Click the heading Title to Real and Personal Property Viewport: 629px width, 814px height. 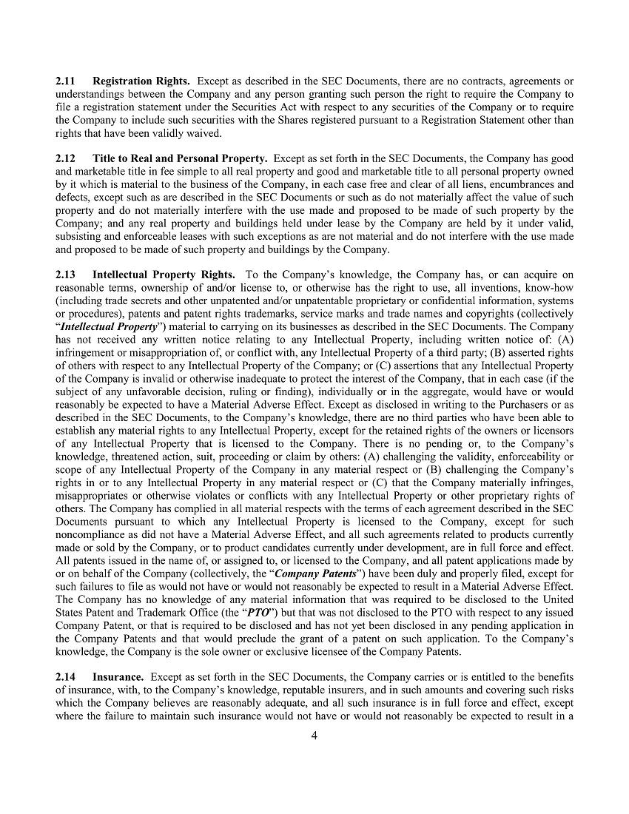[x=180, y=158]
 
